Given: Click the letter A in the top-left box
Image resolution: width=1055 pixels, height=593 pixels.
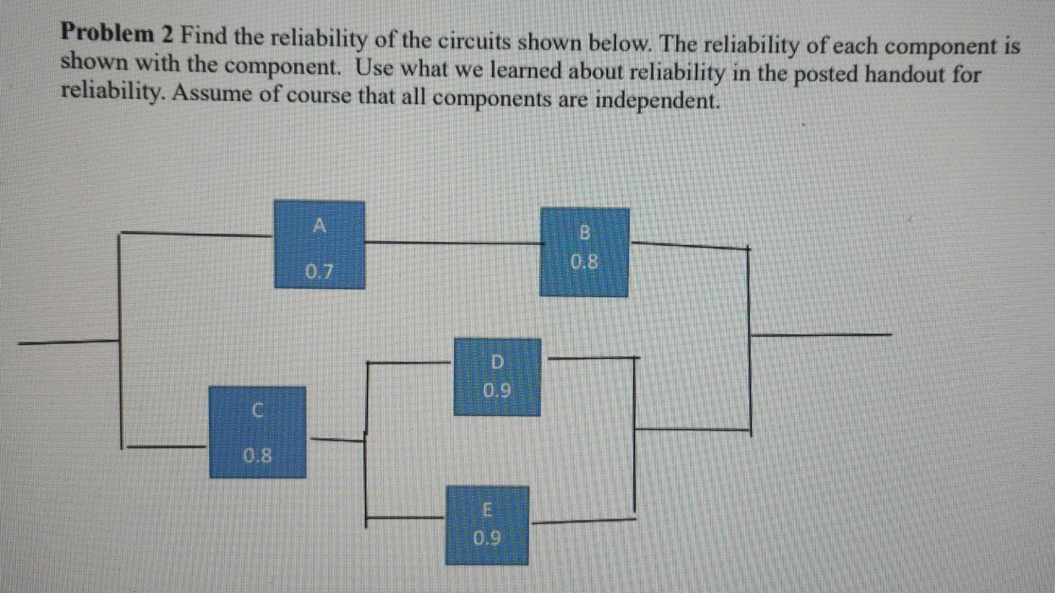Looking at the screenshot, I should click(319, 226).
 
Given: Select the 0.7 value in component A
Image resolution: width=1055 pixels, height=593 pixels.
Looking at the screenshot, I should click(319, 272).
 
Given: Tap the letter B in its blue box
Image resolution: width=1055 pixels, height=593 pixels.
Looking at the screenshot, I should click(585, 233).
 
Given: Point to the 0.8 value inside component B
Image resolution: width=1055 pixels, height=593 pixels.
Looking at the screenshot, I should click(584, 261).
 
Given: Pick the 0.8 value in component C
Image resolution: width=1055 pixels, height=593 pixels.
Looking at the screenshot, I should click(257, 456).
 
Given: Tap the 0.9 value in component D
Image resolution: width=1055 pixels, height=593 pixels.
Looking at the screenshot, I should click(496, 391).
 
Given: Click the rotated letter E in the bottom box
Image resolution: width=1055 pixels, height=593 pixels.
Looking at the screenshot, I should click(487, 511).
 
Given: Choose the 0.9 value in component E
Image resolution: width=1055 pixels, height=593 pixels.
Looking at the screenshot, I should click(486, 538).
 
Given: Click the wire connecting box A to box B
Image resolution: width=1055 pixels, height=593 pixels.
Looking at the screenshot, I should click(452, 242).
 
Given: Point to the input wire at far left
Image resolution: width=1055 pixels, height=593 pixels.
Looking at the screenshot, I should click(69, 341).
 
